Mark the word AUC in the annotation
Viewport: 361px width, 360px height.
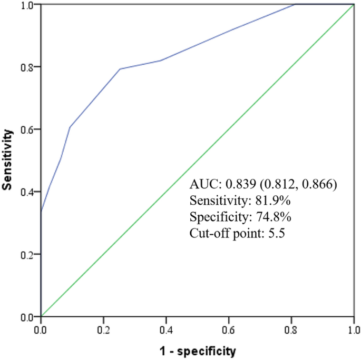pyautogui.click(x=204, y=184)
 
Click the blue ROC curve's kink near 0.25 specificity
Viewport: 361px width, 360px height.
pyautogui.click(x=120, y=69)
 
